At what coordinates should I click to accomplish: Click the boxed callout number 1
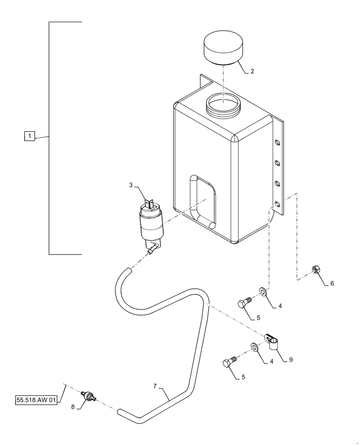click(x=29, y=136)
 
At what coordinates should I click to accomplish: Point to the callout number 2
click(x=252, y=71)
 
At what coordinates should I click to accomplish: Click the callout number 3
click(x=131, y=185)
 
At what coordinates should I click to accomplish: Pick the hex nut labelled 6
click(x=315, y=269)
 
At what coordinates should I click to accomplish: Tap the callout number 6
click(x=331, y=283)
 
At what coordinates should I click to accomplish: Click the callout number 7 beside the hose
click(x=155, y=386)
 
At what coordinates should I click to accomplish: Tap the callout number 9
click(x=290, y=359)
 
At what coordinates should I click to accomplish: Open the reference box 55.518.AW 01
click(x=36, y=400)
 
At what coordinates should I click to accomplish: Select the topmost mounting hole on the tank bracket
click(x=277, y=143)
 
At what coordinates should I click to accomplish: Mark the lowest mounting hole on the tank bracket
click(x=277, y=204)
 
